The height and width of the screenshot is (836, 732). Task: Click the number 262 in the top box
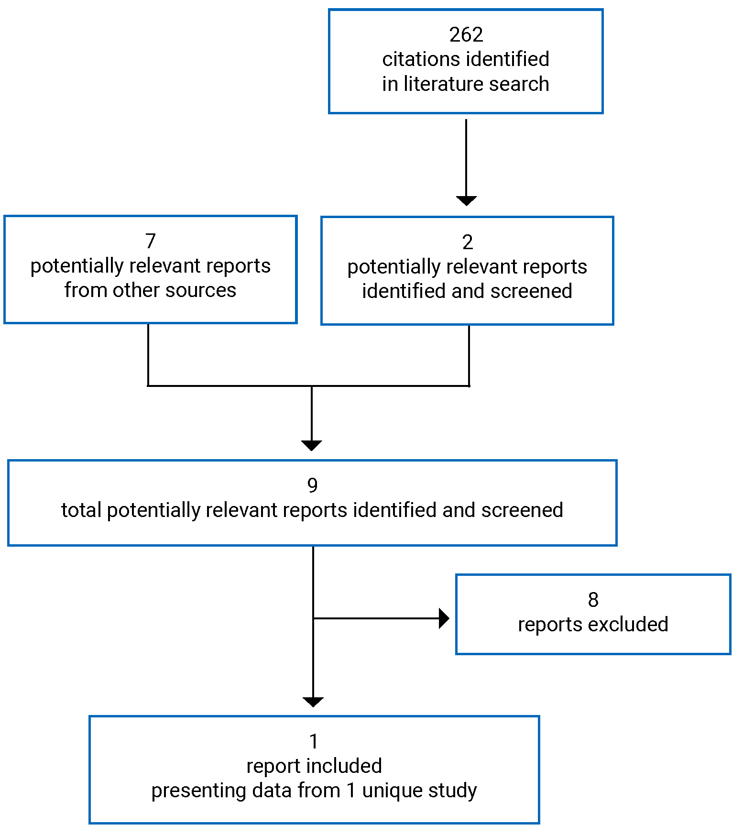coord(466,34)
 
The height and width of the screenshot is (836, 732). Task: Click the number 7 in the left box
coord(151,241)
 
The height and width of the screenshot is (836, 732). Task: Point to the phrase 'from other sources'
coord(150,290)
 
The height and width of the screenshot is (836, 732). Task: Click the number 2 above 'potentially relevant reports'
coord(468,242)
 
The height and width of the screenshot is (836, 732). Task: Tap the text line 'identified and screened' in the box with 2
coord(467,291)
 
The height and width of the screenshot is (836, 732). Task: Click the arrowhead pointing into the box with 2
coord(466,201)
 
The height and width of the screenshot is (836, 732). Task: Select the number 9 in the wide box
coord(312,485)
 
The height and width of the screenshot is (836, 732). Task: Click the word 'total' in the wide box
coord(81,510)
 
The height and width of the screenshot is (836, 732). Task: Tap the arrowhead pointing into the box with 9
coord(312,445)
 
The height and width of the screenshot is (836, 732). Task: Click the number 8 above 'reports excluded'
coord(593,600)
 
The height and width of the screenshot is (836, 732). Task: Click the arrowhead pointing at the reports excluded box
coord(444,618)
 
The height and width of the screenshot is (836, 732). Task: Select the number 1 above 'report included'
coord(314,742)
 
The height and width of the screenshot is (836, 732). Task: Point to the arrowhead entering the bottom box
coord(313,702)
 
